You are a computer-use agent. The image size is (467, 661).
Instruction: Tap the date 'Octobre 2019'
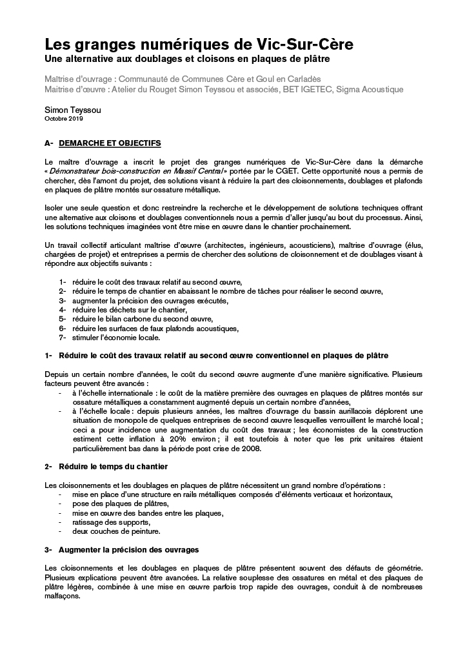(x=64, y=119)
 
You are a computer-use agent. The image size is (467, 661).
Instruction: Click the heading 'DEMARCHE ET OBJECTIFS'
(x=109, y=143)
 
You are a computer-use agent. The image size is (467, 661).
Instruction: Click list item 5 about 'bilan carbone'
(x=143, y=319)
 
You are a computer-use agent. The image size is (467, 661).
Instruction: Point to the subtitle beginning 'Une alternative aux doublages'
(x=186, y=60)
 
